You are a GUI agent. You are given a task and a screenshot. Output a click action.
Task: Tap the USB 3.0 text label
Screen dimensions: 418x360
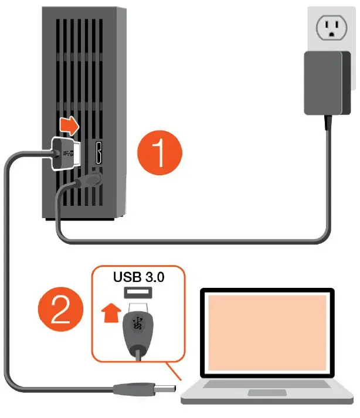(138, 277)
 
